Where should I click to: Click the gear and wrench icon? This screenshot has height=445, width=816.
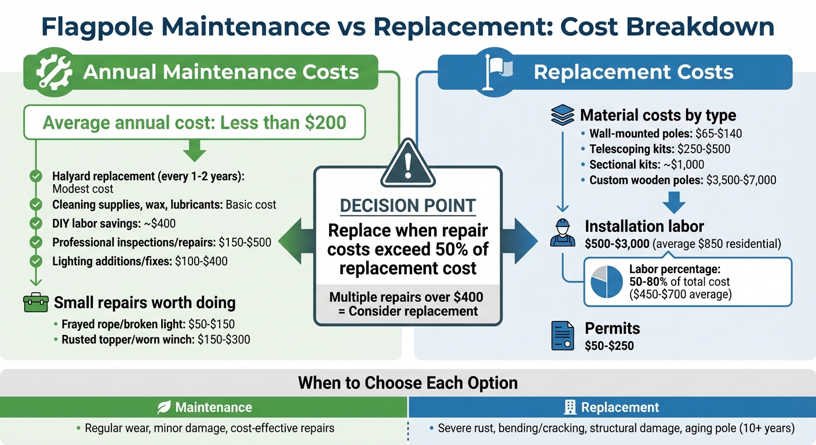coord(54,72)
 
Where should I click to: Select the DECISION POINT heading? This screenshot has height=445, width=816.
coord(407,205)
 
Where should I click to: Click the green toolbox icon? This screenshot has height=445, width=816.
coord(35,302)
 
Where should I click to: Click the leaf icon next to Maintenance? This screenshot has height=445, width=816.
coord(164,408)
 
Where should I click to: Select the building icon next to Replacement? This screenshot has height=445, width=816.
coord(570,408)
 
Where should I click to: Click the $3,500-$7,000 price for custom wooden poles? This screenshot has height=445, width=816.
coord(741,180)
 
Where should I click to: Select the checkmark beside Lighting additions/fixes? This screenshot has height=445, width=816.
coord(35,261)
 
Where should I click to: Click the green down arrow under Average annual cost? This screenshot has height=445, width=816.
coord(195,152)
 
